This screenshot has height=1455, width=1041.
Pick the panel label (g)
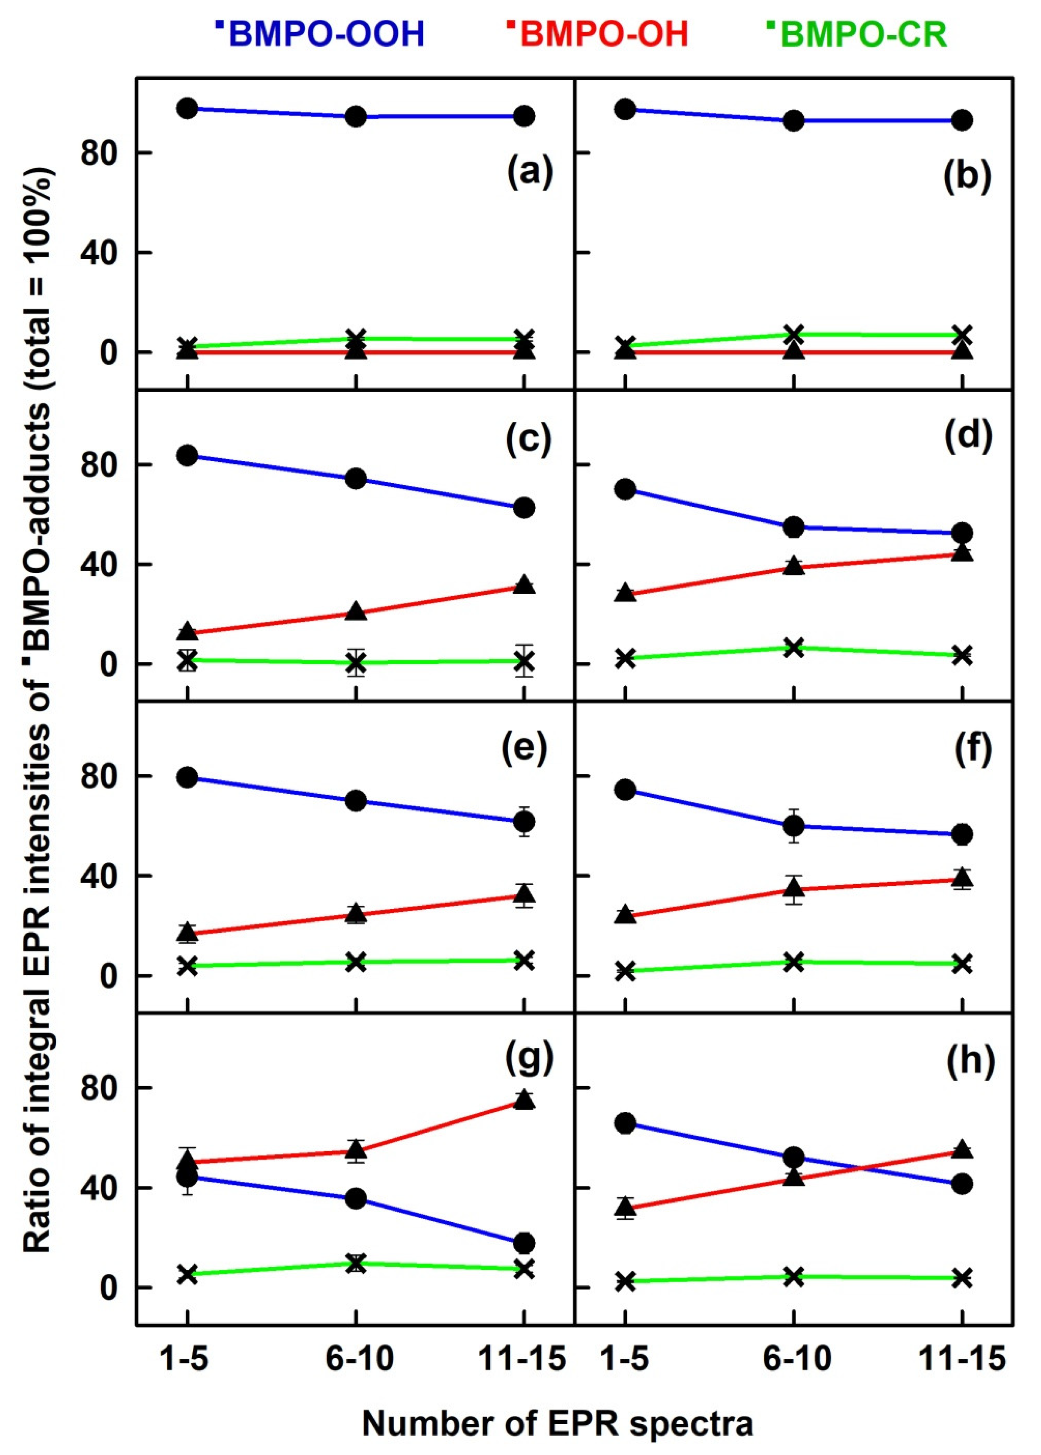pos(529,1060)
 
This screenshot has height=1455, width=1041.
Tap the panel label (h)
pos(970,1060)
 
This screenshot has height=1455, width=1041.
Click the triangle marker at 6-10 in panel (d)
pos(794,564)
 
